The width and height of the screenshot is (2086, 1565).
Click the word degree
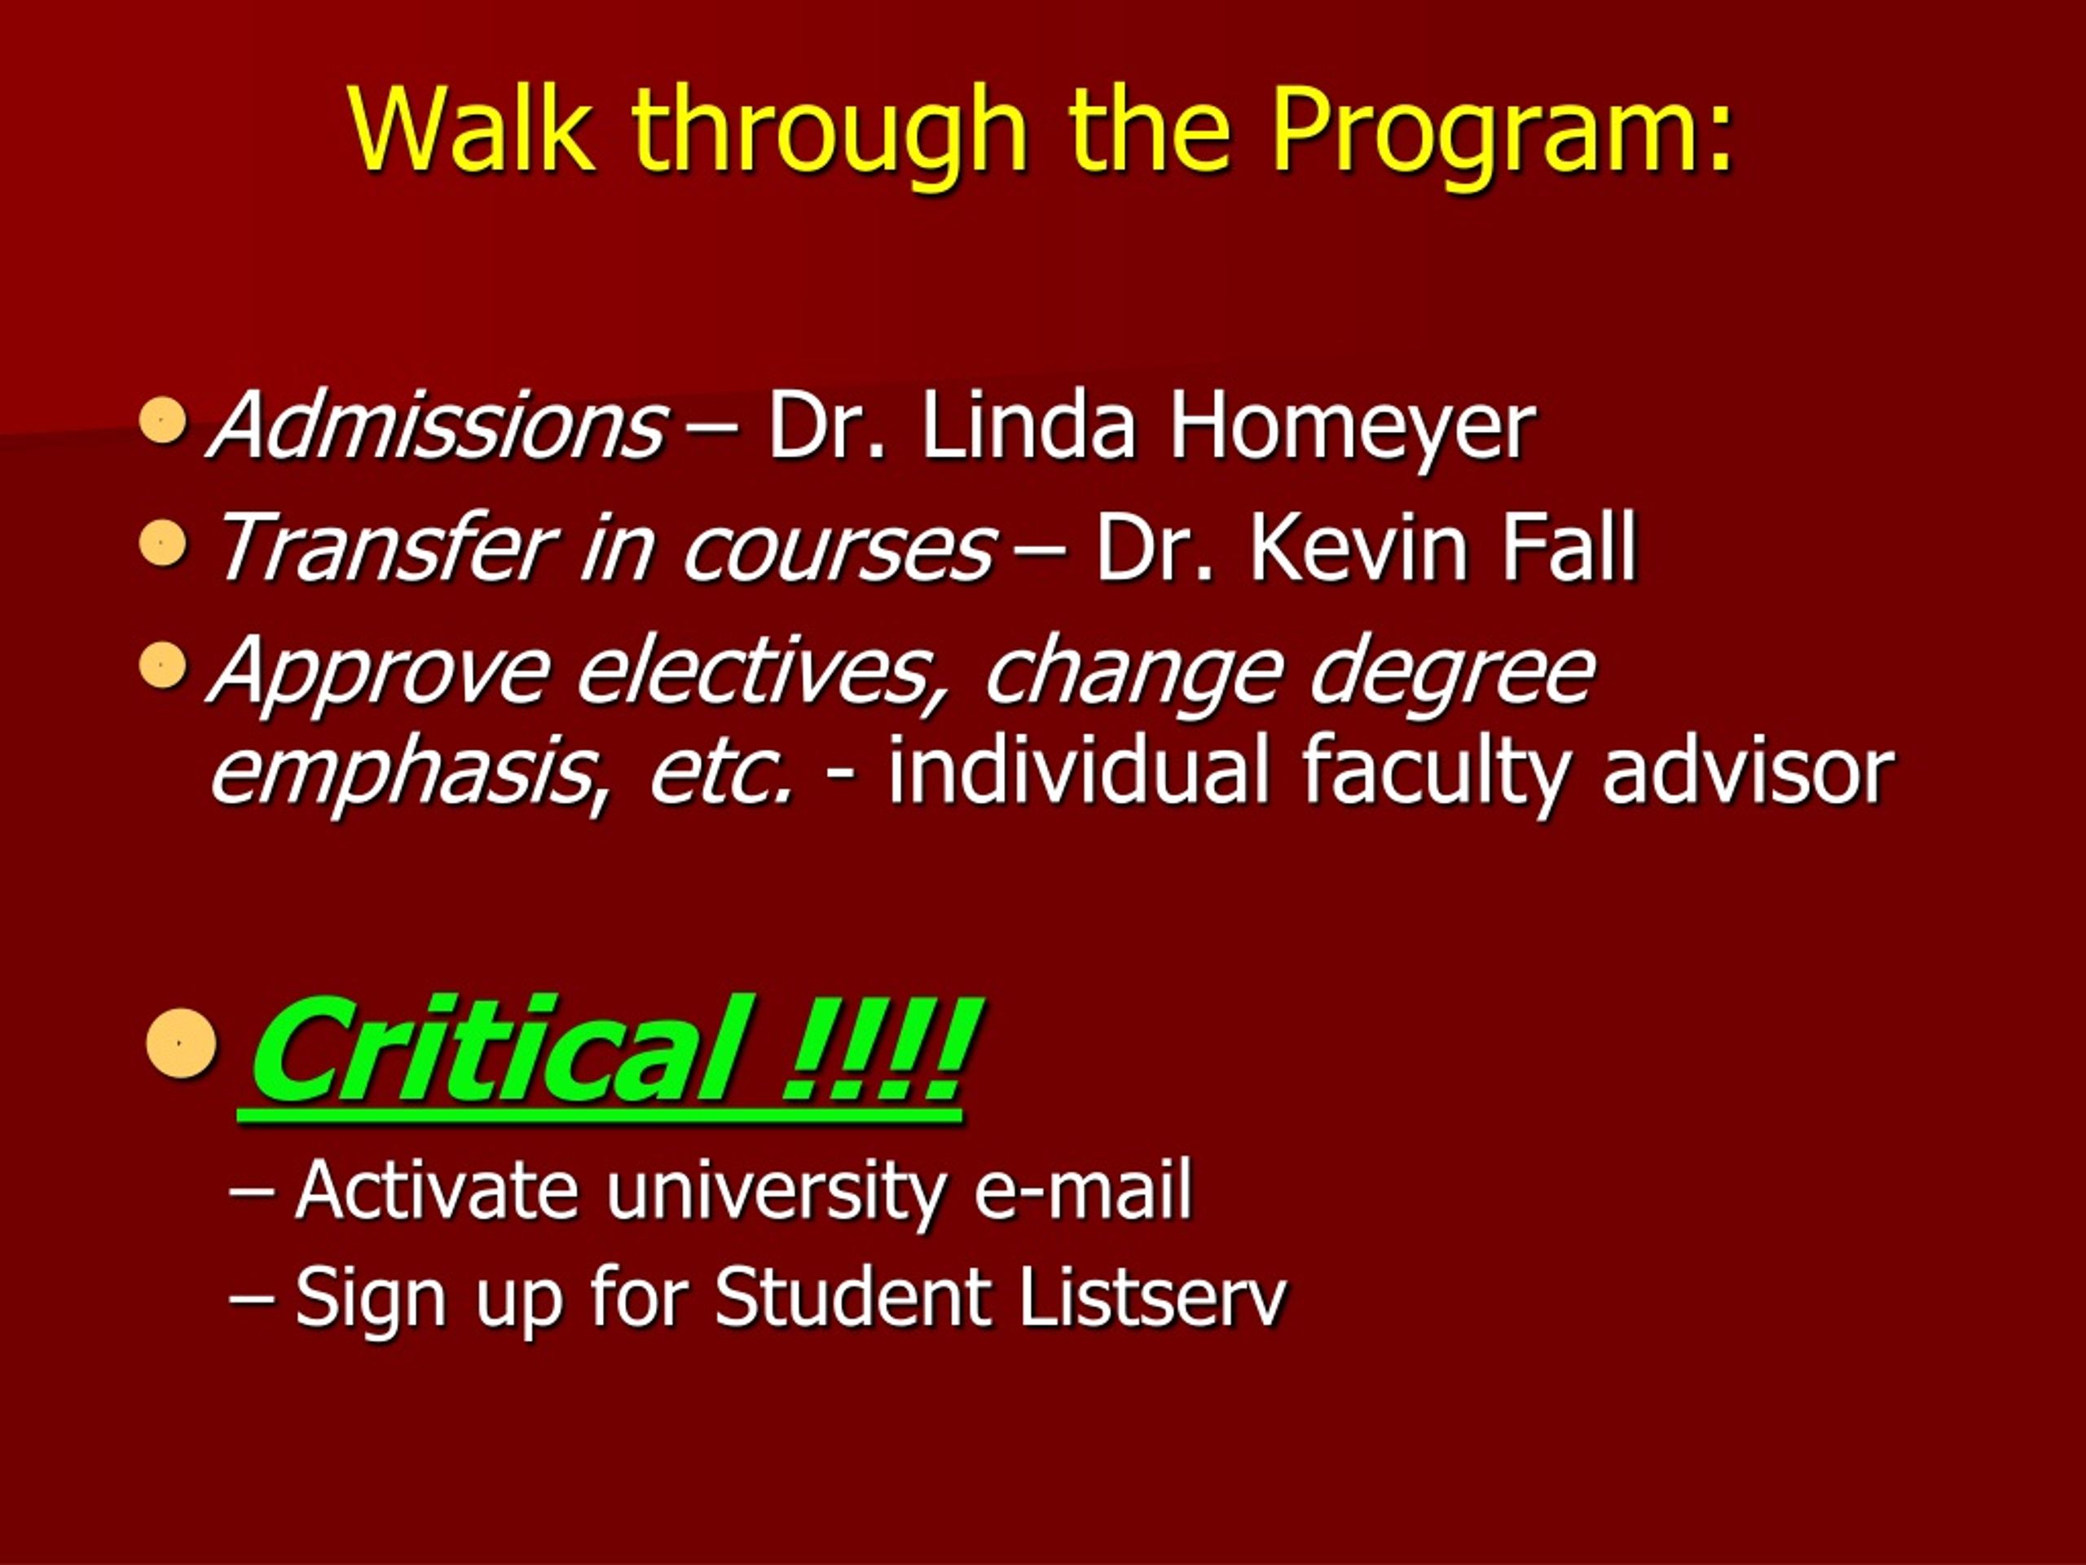[x=1452, y=672]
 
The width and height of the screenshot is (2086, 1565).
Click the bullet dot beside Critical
[x=181, y=1043]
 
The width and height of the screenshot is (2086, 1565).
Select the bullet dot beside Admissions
[x=162, y=420]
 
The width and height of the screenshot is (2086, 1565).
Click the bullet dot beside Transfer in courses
[x=162, y=542]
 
